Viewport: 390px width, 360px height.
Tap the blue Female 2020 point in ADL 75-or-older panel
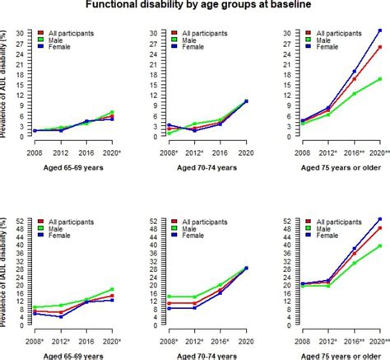[379, 30]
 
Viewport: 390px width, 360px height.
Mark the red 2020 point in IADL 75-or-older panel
[379, 227]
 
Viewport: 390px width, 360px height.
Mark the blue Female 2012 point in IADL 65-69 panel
[60, 316]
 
